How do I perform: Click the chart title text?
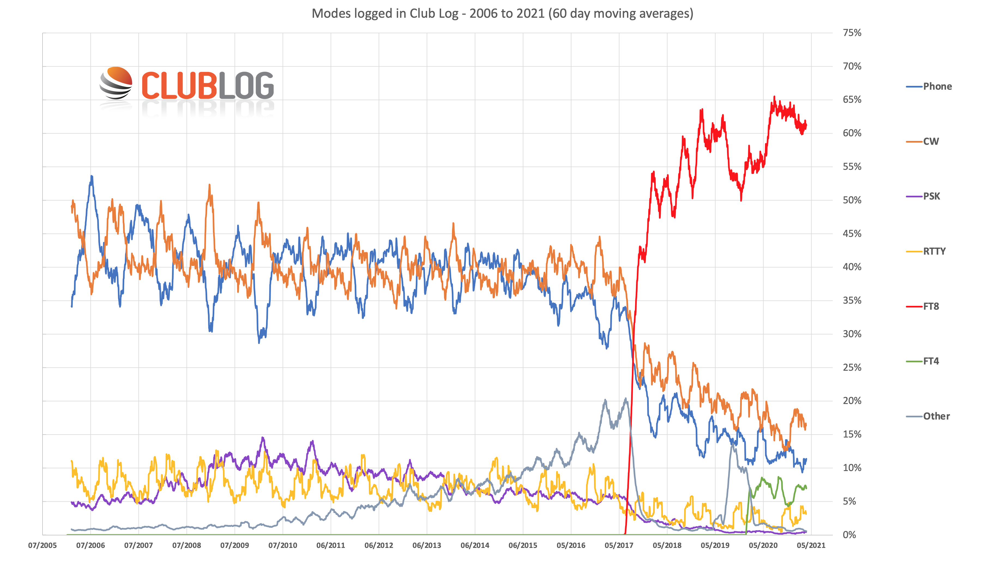(x=502, y=13)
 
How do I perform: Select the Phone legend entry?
(x=937, y=86)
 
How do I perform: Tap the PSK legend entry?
(x=931, y=196)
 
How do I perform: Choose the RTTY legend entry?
(x=934, y=251)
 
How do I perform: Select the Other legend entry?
(x=936, y=416)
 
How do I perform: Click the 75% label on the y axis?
(x=852, y=33)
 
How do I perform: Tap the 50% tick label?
(x=852, y=200)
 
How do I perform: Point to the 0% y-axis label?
(x=849, y=535)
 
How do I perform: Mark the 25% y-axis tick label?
(x=852, y=367)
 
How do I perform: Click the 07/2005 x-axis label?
(x=42, y=545)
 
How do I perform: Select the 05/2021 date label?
(x=811, y=545)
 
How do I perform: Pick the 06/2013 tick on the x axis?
(x=427, y=545)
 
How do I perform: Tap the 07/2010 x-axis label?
(x=282, y=545)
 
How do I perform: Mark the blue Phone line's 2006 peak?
(x=92, y=176)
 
